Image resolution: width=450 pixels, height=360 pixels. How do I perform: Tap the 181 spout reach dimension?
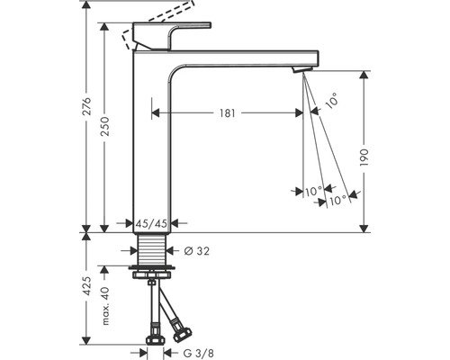pos(227,113)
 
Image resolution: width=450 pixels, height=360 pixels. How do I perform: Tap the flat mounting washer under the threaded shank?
pos(149,268)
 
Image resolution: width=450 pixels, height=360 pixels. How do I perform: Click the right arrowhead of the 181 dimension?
pos(301,113)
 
